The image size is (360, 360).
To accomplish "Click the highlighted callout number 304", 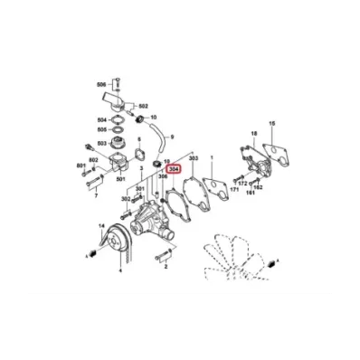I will (174, 167).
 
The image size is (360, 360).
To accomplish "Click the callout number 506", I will (101, 84).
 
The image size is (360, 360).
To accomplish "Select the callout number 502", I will (142, 106).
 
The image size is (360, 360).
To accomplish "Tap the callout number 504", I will (101, 119).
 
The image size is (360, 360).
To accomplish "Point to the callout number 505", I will (101, 129).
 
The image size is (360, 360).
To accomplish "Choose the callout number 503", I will (101, 142).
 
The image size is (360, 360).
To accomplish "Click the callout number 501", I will (122, 179).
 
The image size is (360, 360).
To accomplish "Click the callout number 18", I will (254, 133).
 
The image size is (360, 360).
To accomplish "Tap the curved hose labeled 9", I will (159, 138).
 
